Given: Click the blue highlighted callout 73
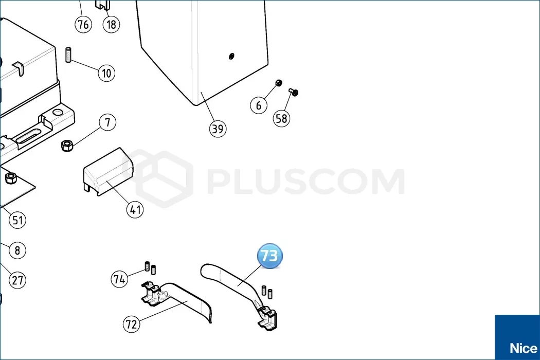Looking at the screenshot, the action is point(269,256).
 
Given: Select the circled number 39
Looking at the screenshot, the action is point(218,129).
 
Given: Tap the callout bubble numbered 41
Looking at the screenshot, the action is point(135,209).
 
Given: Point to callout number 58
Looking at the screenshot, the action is point(281,118).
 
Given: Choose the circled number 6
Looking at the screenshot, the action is point(259,105).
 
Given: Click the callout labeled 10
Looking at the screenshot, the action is point(106,73).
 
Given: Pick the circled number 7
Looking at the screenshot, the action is point(107,122).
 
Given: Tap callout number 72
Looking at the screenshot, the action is point(132,324).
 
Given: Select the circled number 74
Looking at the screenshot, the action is point(119,279).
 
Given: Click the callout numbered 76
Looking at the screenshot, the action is point(83,25).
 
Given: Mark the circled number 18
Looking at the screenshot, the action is point(111,25).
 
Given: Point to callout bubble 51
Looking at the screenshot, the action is point(17,220).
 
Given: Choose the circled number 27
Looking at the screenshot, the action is point(17,280).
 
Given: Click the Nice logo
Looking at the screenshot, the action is point(517,337).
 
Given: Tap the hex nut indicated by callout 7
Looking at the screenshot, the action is point(67,146).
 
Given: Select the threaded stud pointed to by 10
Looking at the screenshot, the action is point(68,55).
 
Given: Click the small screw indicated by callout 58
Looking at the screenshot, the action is point(294,92).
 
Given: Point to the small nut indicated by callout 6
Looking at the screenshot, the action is point(279,83).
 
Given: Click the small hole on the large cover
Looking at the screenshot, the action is point(231,56).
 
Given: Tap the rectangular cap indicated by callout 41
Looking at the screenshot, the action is point(108,172).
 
